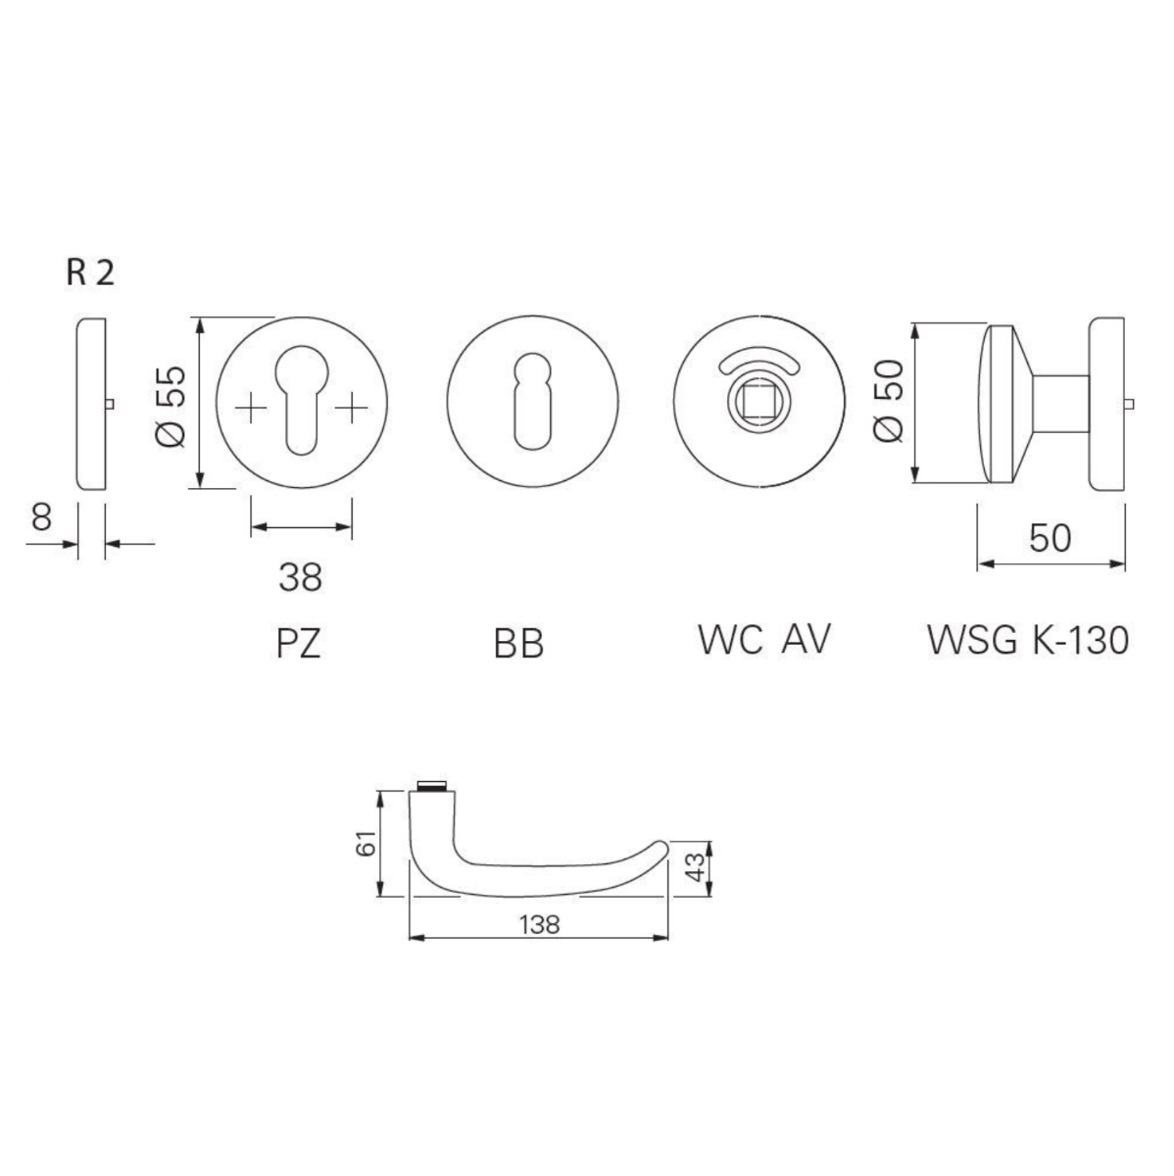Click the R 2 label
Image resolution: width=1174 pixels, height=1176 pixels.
(x=90, y=273)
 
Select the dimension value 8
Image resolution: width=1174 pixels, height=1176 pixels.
(x=40, y=516)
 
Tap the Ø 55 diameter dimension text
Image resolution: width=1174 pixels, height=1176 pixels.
(x=171, y=406)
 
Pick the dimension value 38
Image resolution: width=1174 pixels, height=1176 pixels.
(x=300, y=577)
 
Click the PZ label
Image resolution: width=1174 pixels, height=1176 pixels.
(x=300, y=644)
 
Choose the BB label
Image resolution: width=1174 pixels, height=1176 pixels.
(x=518, y=644)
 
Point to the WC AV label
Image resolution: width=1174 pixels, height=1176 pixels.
(x=764, y=639)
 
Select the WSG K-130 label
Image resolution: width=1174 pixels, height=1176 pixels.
(x=1028, y=640)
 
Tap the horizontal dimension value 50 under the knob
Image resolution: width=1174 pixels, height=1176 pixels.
(x=1050, y=537)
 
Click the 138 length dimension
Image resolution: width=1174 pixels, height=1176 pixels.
(x=538, y=923)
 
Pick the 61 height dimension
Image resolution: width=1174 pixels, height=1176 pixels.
(x=365, y=844)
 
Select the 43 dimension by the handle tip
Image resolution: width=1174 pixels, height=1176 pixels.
(x=694, y=868)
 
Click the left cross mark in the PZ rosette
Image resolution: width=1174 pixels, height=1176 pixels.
(x=251, y=407)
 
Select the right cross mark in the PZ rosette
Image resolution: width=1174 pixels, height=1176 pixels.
(x=351, y=407)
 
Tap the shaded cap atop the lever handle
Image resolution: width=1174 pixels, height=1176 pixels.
(x=431, y=786)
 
